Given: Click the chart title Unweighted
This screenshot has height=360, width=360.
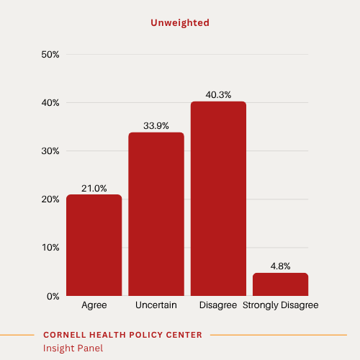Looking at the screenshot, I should point(180,23).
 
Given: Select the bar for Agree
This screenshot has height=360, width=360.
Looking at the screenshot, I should point(94,245).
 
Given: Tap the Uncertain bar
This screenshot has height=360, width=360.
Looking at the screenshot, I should point(156,214).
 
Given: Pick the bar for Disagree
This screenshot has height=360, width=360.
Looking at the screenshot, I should point(218,198).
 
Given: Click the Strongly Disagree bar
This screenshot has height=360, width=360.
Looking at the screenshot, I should point(280,284).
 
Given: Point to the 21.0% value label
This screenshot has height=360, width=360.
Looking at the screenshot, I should point(94,189).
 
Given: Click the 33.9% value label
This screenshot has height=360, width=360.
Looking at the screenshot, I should point(156,126).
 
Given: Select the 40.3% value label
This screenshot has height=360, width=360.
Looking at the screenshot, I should point(218,95).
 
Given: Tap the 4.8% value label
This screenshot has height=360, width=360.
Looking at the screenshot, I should point(280,266).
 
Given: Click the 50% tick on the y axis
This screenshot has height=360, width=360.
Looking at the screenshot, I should point(50,55).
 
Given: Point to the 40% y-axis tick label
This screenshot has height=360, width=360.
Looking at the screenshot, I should point(50,103).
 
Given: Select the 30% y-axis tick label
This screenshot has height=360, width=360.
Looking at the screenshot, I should point(50,151).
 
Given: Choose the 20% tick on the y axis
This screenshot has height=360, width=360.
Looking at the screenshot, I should point(50,199).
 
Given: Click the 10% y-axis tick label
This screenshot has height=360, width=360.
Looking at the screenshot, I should point(50,248).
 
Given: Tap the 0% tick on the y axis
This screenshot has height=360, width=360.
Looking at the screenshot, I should point(53,296).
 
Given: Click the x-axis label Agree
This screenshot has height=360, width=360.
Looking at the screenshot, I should point(94,305).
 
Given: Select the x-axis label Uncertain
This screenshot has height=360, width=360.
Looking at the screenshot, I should point(156,305).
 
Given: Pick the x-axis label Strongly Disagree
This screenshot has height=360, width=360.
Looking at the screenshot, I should point(280,305).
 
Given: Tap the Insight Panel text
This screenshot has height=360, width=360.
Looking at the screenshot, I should point(73,348).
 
